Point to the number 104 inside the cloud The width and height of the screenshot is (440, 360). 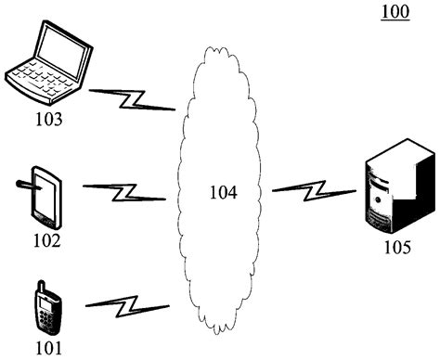coord(223,193)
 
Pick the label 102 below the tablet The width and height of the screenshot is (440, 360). coord(46,241)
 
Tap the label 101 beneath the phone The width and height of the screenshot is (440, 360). coord(47,348)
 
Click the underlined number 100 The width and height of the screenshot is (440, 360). coord(395,13)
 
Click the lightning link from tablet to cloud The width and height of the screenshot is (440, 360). coord(124,192)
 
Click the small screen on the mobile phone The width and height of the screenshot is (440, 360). coord(44,302)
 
